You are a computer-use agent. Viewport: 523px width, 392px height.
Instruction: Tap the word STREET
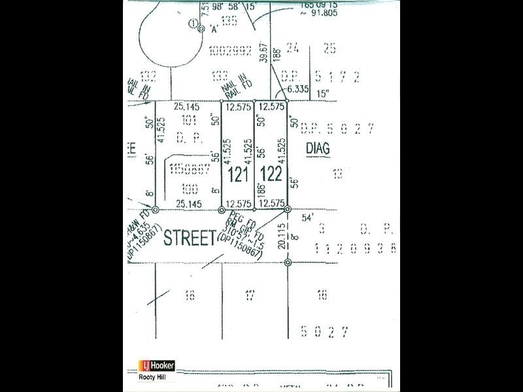[189, 238]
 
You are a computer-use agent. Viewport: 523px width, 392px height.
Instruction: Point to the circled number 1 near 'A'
[193, 24]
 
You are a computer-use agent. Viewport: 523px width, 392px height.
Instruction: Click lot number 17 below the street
[249, 296]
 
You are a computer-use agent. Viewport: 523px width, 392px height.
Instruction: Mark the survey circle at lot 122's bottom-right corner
[287, 210]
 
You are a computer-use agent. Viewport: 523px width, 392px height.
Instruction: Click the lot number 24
[293, 47]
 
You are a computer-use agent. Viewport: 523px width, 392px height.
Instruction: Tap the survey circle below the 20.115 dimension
[288, 263]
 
